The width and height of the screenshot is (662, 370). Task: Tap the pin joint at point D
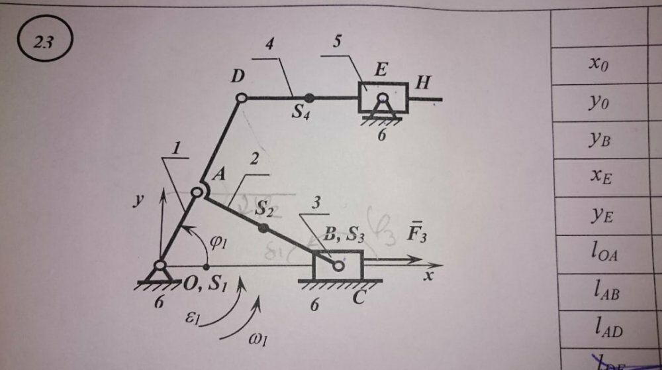(242, 97)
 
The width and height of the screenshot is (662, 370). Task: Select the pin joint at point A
(197, 192)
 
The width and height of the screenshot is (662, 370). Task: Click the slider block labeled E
(383, 97)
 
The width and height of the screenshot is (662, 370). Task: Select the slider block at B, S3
(338, 265)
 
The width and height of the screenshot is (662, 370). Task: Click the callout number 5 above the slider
(336, 43)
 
